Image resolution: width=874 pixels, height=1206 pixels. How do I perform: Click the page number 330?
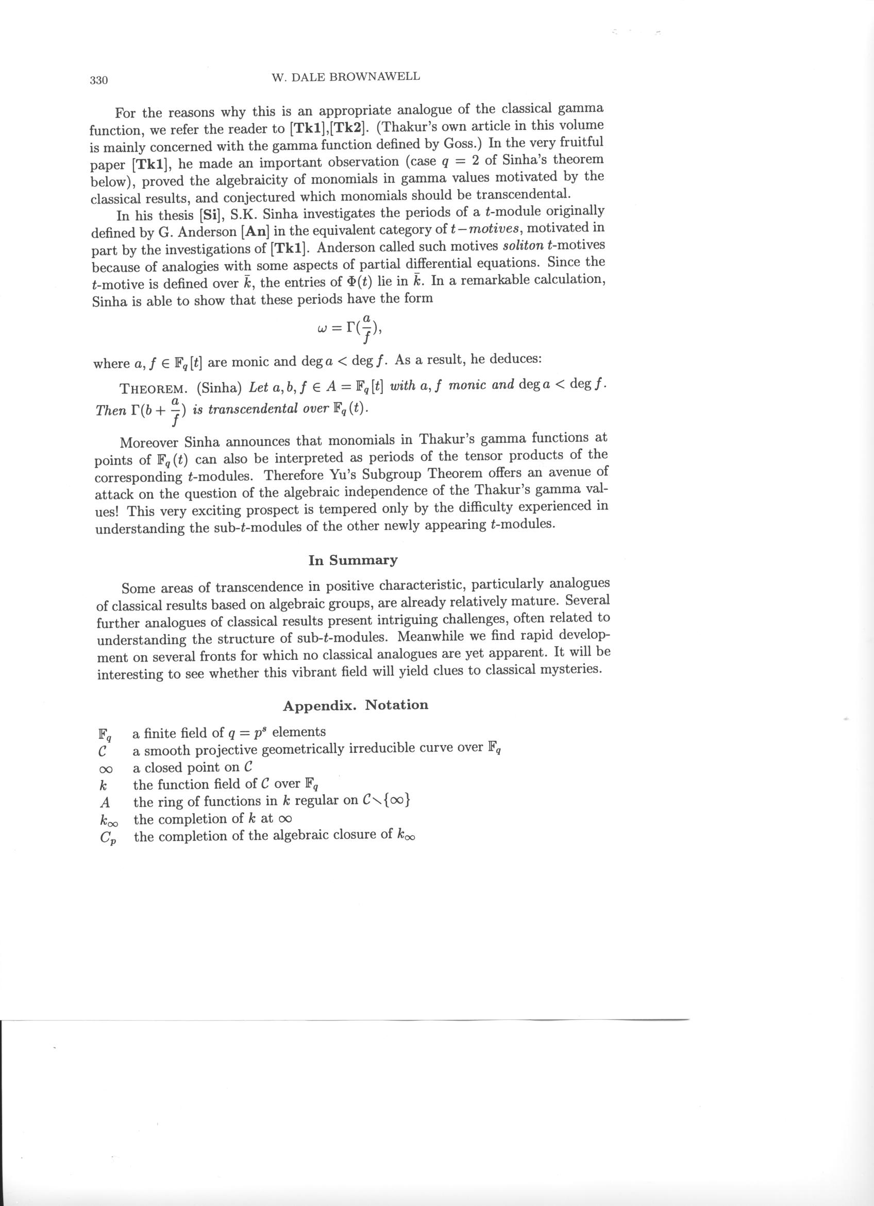(99, 80)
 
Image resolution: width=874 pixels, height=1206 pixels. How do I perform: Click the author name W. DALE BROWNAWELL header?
(345, 77)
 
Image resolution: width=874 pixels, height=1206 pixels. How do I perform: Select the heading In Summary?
(353, 560)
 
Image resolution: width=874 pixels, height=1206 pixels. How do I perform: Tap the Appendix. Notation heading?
(356, 706)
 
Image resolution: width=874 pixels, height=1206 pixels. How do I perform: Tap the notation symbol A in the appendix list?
(105, 802)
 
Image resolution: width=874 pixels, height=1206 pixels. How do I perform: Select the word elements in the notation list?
(298, 733)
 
